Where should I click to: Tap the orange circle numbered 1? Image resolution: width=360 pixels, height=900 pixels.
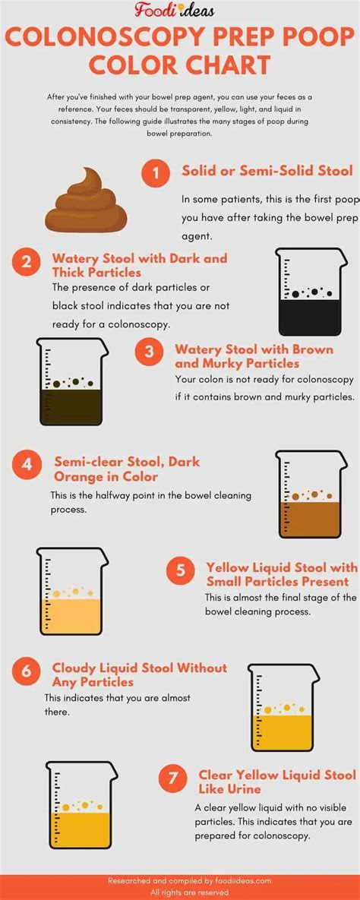tap(156, 173)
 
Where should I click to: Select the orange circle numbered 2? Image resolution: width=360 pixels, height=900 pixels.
tap(27, 262)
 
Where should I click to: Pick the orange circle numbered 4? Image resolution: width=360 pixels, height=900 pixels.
tap(27, 464)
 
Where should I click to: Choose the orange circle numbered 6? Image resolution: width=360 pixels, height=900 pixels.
tap(27, 671)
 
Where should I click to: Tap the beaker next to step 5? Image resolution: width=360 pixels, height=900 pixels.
tap(69, 592)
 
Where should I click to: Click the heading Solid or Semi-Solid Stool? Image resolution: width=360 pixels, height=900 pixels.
tap(267, 171)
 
